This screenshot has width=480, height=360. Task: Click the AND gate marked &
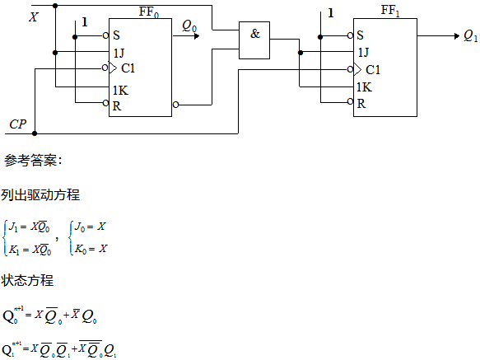click(254, 40)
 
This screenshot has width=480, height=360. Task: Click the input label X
click(34, 17)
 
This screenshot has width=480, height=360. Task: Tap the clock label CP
click(18, 124)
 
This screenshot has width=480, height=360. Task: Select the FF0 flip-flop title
click(149, 12)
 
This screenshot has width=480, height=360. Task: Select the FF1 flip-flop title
click(390, 11)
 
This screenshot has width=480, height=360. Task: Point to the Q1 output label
click(470, 36)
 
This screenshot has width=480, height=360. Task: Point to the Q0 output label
click(189, 26)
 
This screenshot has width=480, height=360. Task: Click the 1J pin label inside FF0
click(119, 53)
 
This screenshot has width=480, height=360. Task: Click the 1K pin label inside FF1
click(364, 87)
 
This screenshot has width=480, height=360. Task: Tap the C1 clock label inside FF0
click(128, 68)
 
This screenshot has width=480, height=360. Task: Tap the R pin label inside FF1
click(361, 104)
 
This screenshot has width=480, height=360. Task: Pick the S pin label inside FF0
click(116, 35)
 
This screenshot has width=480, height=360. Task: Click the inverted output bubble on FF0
click(175, 105)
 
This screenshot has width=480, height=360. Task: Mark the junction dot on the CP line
click(35, 133)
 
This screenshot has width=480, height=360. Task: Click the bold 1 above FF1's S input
click(331, 13)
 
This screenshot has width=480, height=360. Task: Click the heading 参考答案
click(33, 161)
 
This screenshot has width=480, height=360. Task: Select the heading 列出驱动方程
click(40, 195)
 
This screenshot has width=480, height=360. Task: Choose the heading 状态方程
click(27, 280)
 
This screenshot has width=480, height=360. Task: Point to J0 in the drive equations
click(80, 227)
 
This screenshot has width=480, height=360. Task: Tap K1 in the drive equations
click(14, 250)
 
